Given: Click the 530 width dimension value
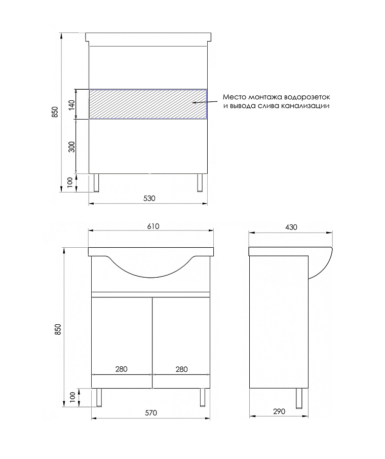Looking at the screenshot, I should tap(148, 198).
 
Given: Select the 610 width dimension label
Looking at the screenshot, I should tap(153, 226).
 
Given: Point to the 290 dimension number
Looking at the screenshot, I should tap(279, 411).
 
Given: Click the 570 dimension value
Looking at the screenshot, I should tap(151, 413).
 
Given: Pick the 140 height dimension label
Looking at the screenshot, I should tap(71, 105).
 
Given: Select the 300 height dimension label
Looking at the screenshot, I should tap(71, 147).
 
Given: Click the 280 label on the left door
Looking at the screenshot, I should tap(121, 369).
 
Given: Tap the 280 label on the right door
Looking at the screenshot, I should tap(181, 369).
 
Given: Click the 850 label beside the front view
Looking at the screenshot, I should tap(58, 330).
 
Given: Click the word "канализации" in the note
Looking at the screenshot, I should tap(308, 106).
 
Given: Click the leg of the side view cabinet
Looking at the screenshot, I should tap(299, 398).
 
